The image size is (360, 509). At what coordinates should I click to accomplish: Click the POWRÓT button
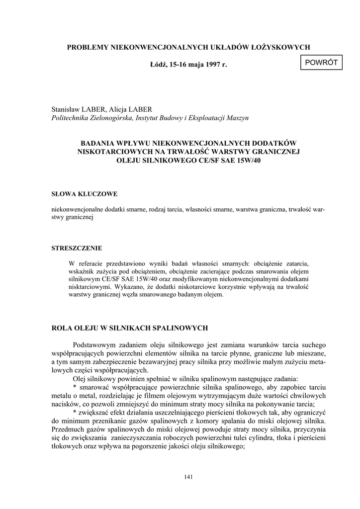321,62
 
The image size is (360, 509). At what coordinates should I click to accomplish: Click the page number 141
188,477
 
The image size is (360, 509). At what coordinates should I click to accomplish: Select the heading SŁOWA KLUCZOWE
85,193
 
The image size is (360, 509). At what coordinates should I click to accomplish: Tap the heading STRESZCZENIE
77,248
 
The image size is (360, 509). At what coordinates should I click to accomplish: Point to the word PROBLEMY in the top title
88,47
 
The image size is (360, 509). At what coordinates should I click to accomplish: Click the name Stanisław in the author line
67,109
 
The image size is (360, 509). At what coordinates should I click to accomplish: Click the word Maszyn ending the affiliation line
236,118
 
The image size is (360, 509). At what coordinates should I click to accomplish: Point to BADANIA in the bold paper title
103,142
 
